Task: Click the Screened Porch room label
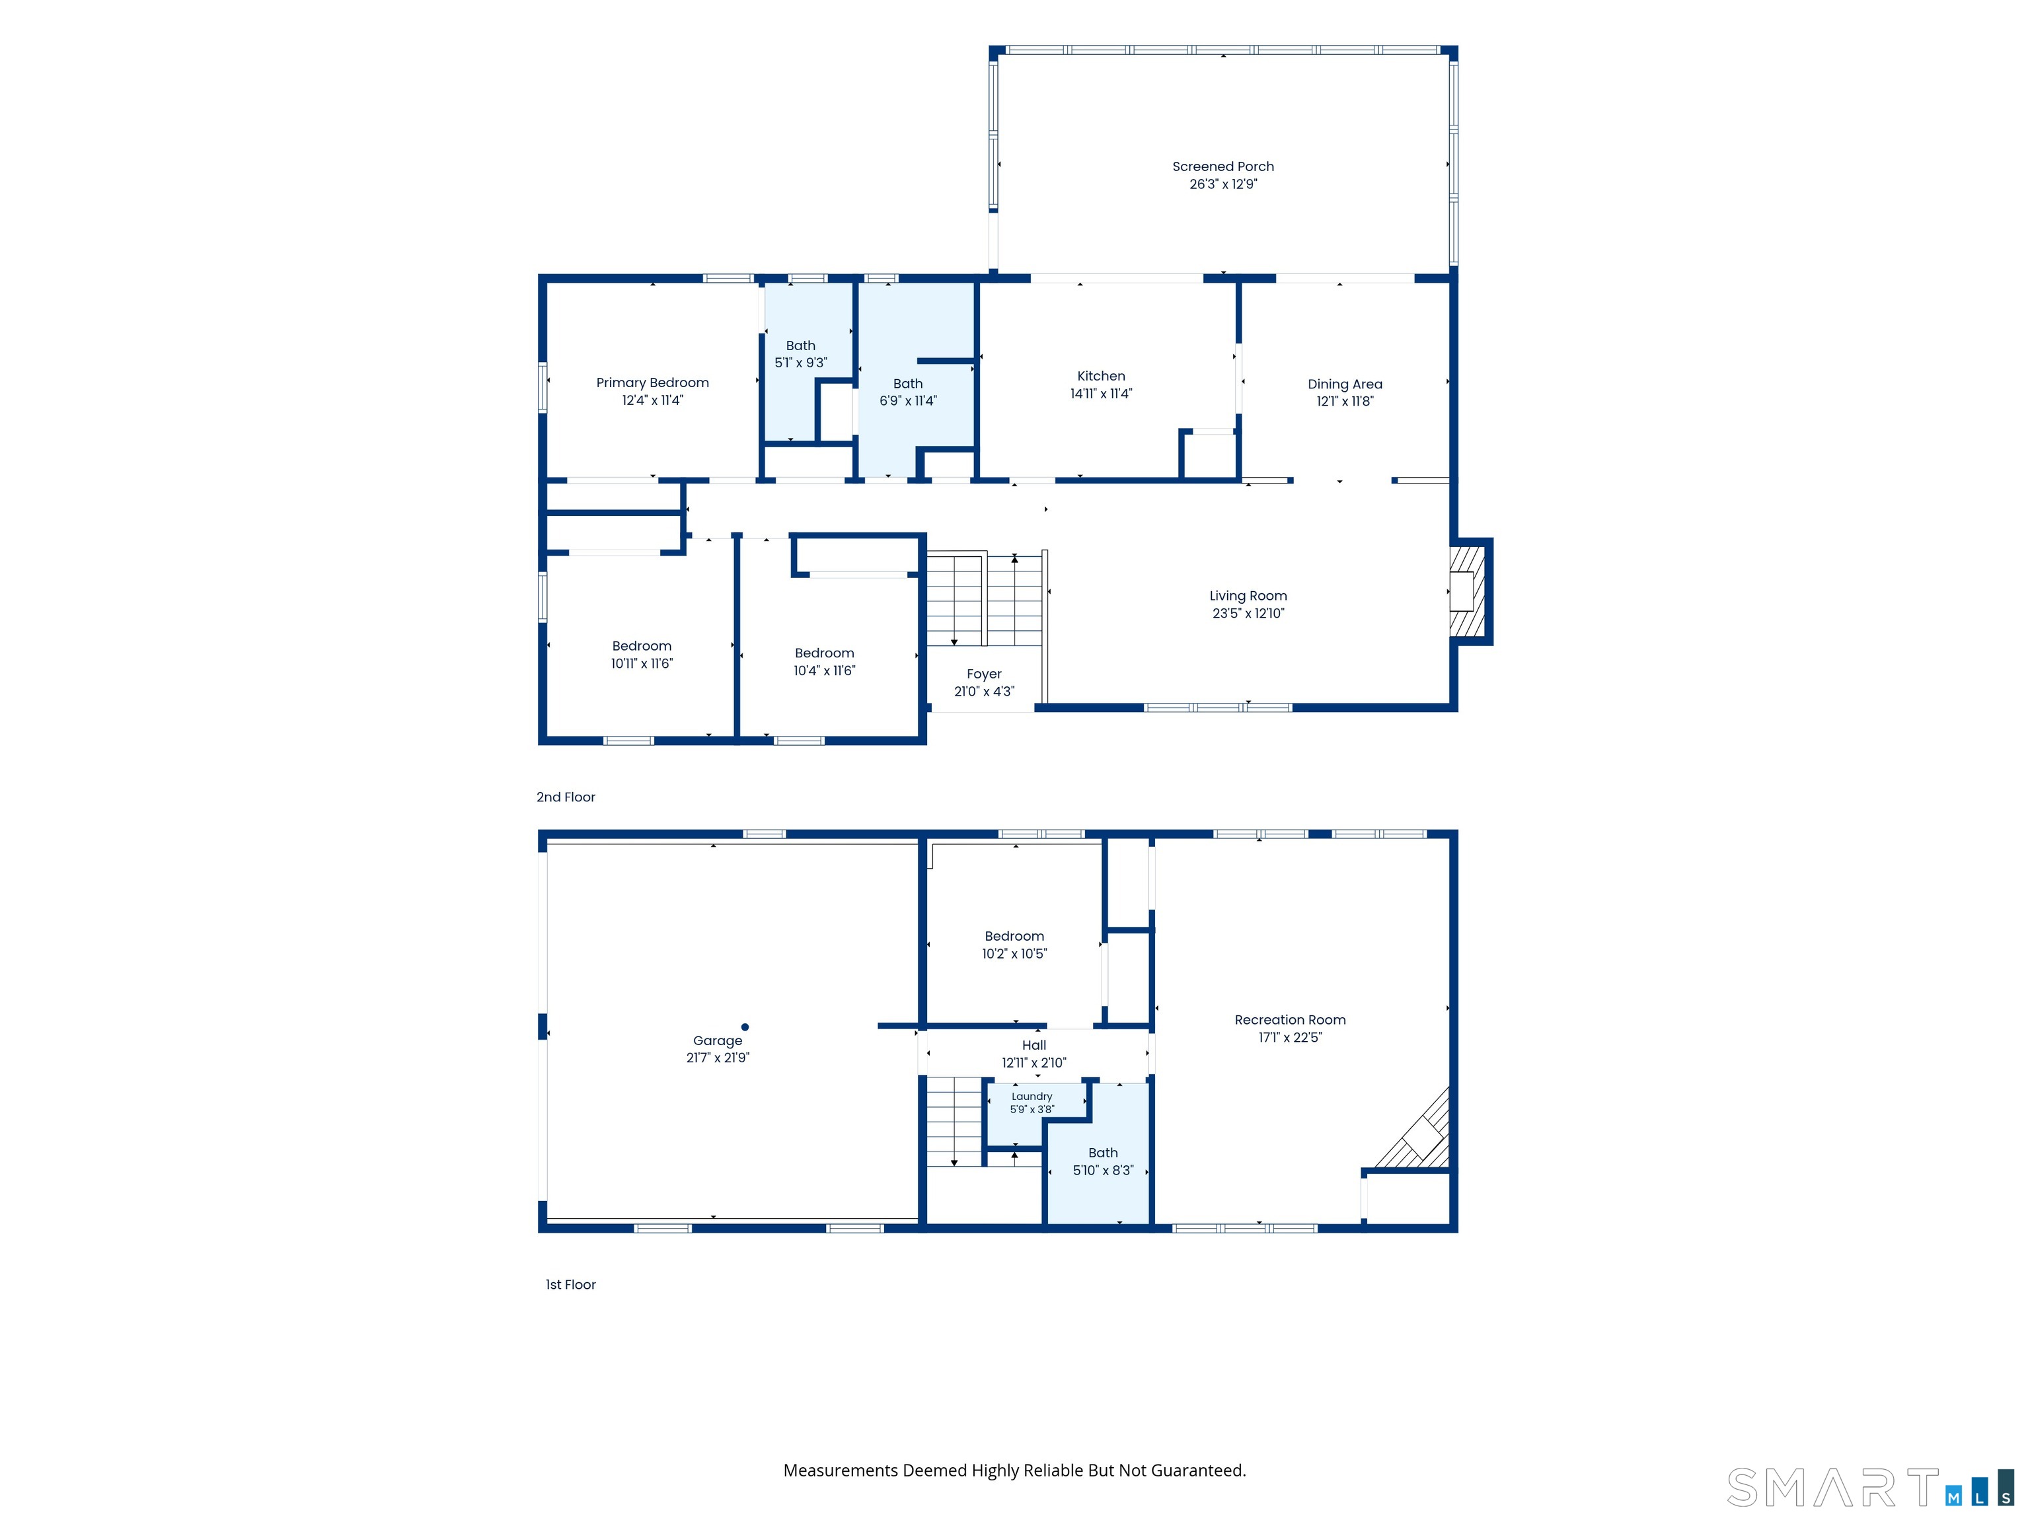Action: [1222, 166]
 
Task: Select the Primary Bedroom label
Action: [652, 382]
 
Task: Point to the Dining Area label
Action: [1345, 384]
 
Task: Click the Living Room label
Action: [1248, 595]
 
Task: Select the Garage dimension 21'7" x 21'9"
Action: [718, 1058]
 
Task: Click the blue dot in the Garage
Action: [745, 1027]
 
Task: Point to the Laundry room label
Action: [1032, 1097]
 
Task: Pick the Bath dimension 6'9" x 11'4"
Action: [908, 401]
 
